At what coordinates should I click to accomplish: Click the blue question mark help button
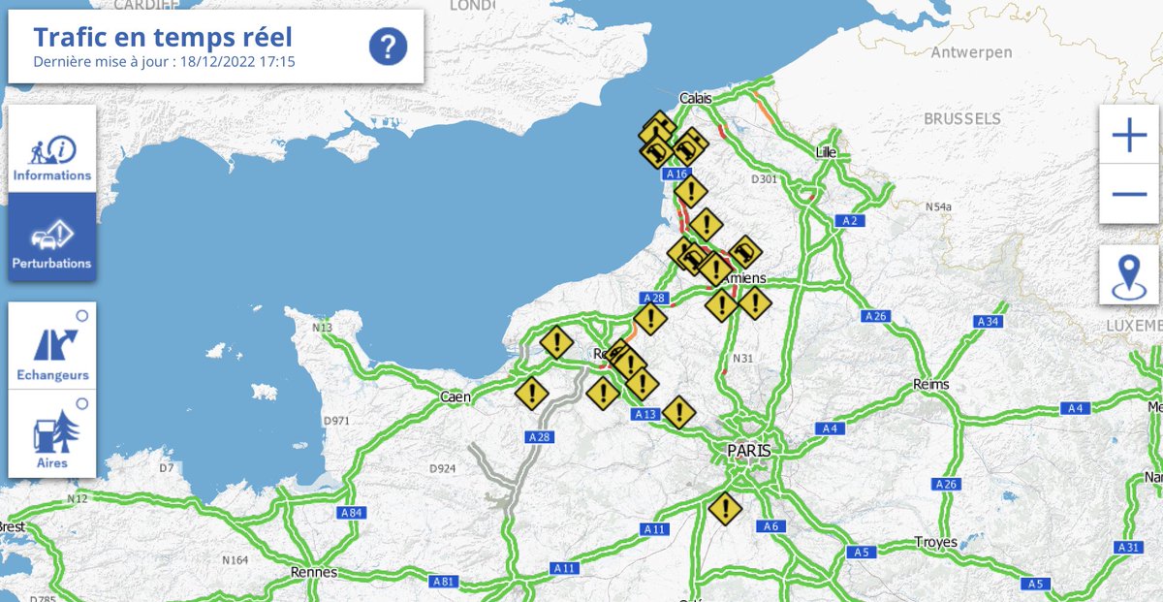[388, 46]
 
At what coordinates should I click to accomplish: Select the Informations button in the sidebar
[52, 150]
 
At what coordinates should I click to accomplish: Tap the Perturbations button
[52, 238]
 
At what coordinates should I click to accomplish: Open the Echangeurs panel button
[52, 346]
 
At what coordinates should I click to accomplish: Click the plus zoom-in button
[1129, 136]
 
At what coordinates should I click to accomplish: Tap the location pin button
[1129, 274]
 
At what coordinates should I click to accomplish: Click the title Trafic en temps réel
[163, 38]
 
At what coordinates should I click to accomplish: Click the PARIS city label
[749, 451]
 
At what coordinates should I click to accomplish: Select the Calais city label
[695, 99]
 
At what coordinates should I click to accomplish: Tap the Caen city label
[456, 396]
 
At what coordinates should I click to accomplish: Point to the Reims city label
[930, 385]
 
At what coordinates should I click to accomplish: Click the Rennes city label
[313, 572]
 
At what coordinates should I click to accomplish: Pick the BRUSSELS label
[961, 118]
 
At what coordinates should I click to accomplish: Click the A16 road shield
[676, 174]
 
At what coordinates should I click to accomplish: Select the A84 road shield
[352, 512]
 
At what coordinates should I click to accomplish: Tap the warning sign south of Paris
[724, 508]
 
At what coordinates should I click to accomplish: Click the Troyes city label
[935, 543]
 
